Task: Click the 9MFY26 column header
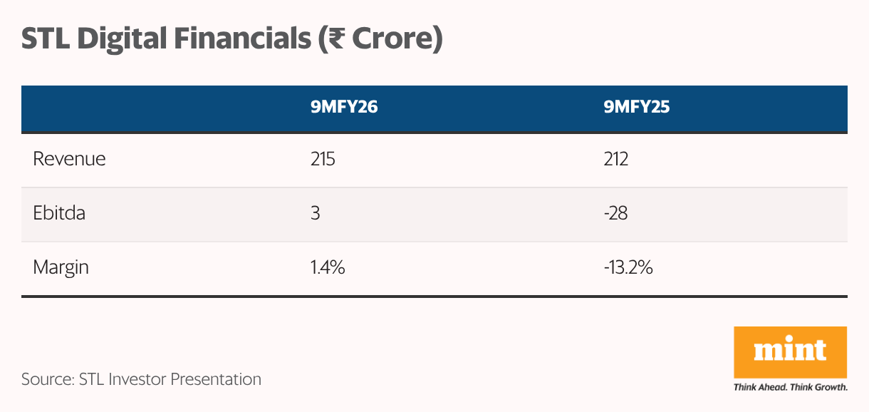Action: pyautogui.click(x=343, y=108)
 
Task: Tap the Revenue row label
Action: pyautogui.click(x=69, y=158)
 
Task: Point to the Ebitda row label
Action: pyautogui.click(x=59, y=213)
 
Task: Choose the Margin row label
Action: pyautogui.click(x=61, y=268)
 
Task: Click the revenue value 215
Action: pyautogui.click(x=322, y=158)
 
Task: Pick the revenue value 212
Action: pyautogui.click(x=616, y=158)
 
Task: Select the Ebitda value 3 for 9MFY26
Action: pyautogui.click(x=314, y=213)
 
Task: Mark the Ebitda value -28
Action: pyautogui.click(x=615, y=213)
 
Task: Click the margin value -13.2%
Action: pyautogui.click(x=628, y=268)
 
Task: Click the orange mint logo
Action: pyautogui.click(x=790, y=352)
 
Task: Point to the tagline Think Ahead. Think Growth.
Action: pyautogui.click(x=790, y=388)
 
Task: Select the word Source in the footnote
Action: pyautogui.click(x=44, y=379)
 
